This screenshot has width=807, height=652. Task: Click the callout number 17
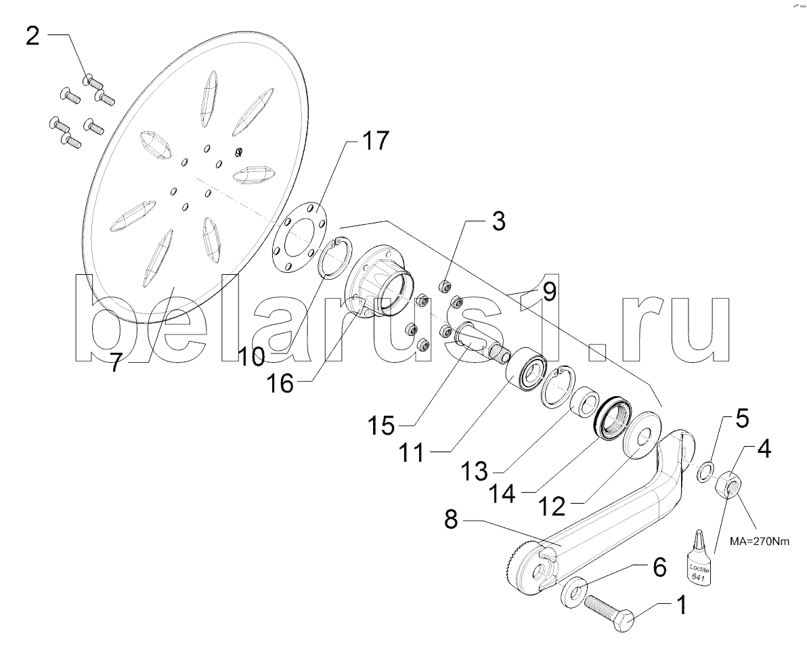click(x=375, y=140)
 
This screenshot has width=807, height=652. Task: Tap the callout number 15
click(x=381, y=426)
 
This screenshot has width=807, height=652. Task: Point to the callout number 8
click(x=451, y=519)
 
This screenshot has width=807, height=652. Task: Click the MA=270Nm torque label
click(x=759, y=541)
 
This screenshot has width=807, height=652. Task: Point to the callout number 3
click(x=498, y=221)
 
